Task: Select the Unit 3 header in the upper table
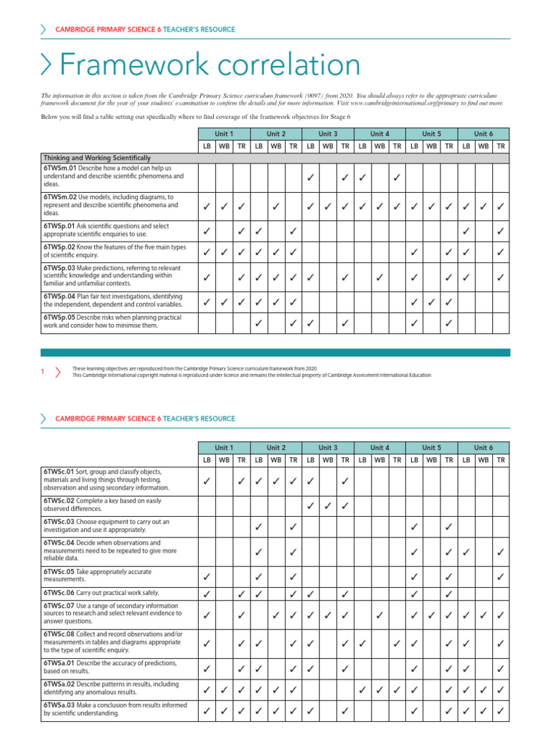pyautogui.click(x=328, y=134)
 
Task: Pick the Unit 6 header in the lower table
pyautogui.click(x=483, y=448)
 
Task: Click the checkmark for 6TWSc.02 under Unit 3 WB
pyautogui.click(x=328, y=506)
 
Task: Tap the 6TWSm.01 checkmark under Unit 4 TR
pyautogui.click(x=397, y=176)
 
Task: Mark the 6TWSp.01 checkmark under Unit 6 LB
pyautogui.click(x=466, y=231)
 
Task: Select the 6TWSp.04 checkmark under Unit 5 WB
pyautogui.click(x=431, y=302)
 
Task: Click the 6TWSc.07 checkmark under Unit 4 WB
pyautogui.click(x=380, y=614)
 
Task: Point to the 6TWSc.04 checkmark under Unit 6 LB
pyautogui.click(x=466, y=552)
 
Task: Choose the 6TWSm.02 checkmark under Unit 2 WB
pyautogui.click(x=276, y=207)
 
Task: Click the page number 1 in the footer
pyautogui.click(x=43, y=371)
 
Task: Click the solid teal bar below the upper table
pyautogui.click(x=275, y=353)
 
